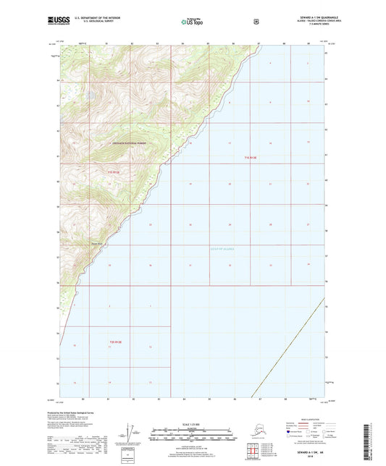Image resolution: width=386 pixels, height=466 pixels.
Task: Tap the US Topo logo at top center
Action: click(x=192, y=22)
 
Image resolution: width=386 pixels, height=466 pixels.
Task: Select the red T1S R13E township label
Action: click(x=251, y=157)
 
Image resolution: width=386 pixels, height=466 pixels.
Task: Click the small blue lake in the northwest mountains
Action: click(x=88, y=93)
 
